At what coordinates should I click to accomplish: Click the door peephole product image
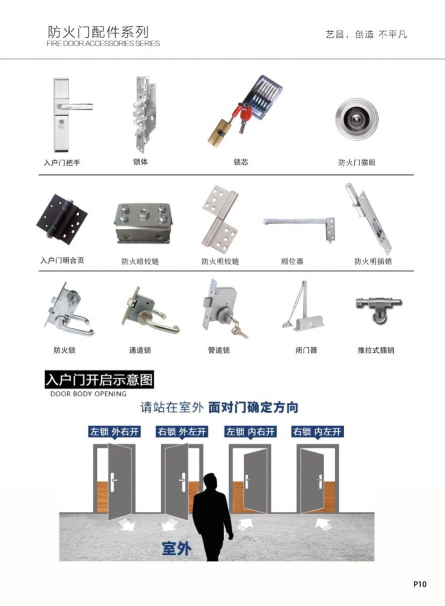(357, 119)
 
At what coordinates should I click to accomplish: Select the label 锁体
(141, 161)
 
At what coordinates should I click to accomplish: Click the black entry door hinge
(62, 219)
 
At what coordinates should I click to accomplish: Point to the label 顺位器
(293, 261)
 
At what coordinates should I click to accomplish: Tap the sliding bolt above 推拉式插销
(379, 308)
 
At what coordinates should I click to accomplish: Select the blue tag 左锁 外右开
(115, 431)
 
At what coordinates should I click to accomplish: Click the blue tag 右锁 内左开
(317, 431)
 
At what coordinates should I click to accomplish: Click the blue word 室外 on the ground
(176, 548)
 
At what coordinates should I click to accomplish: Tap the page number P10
(420, 584)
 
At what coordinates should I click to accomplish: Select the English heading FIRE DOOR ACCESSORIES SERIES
(103, 43)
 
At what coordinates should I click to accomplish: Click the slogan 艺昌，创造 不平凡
(366, 35)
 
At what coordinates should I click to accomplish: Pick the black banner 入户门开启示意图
(99, 380)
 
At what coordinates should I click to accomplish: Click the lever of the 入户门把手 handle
(75, 106)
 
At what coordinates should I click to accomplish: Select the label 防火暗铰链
(140, 262)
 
